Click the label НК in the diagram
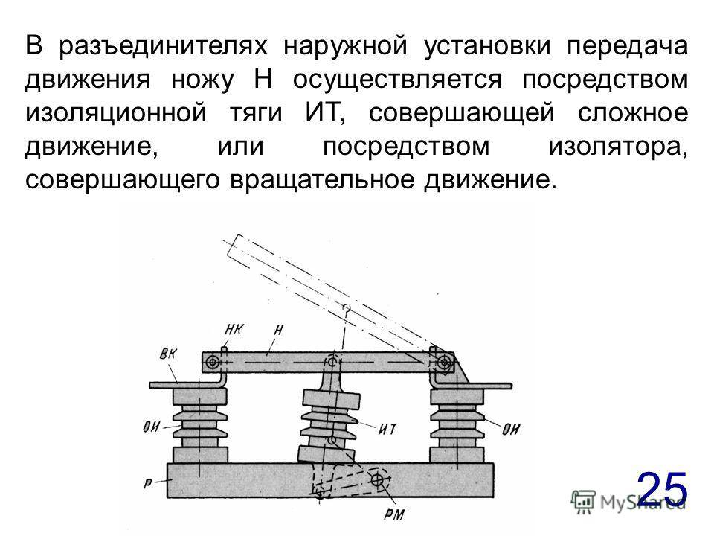[x=234, y=329]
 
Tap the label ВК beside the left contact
[x=169, y=354]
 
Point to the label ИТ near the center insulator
[x=387, y=430]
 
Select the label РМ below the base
[x=394, y=514]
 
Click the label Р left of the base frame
[x=148, y=483]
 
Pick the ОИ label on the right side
[x=511, y=429]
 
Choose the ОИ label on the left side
[x=152, y=427]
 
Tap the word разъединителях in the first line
[x=163, y=46]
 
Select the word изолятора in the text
[x=618, y=147]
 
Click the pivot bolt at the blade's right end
[x=444, y=363]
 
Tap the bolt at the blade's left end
[x=213, y=363]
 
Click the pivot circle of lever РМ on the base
[x=378, y=480]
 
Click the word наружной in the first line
[x=346, y=46]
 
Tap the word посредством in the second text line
[x=605, y=80]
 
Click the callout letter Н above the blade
[x=278, y=330]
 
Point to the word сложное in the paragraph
[x=633, y=113]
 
